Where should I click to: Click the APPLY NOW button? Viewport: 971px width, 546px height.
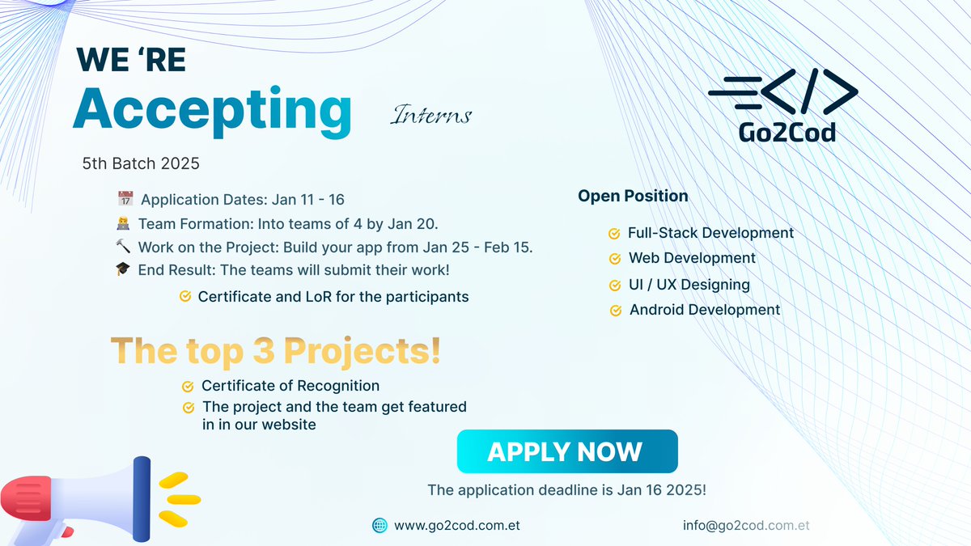pos(567,451)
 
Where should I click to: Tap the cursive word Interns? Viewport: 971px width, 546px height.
pos(430,115)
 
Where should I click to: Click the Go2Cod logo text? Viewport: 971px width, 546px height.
pos(787,132)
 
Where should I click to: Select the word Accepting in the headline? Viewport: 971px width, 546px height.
pos(212,111)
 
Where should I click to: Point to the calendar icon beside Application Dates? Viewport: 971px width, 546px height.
pos(125,198)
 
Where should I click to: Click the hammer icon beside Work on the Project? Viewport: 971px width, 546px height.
pos(123,246)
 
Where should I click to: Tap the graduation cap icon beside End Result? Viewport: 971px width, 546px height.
pos(123,269)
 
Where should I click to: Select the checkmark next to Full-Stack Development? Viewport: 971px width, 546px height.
pos(614,234)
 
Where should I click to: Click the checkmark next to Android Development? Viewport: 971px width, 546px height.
pos(616,311)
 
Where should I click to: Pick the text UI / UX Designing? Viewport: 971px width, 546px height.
pos(689,285)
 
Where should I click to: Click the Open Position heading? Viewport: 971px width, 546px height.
pos(633,196)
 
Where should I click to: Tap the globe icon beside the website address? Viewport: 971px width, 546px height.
pos(379,525)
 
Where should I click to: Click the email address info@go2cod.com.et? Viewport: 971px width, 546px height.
pos(746,525)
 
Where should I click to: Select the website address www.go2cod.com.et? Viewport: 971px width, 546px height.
pos(457,525)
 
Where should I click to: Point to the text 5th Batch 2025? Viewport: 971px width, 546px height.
pos(141,163)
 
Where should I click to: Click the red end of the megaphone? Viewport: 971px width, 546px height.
pos(26,498)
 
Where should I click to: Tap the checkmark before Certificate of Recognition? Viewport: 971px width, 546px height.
pos(188,386)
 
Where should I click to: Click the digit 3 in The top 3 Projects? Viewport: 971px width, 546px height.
pos(264,350)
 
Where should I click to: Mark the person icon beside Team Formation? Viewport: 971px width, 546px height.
pos(123,223)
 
